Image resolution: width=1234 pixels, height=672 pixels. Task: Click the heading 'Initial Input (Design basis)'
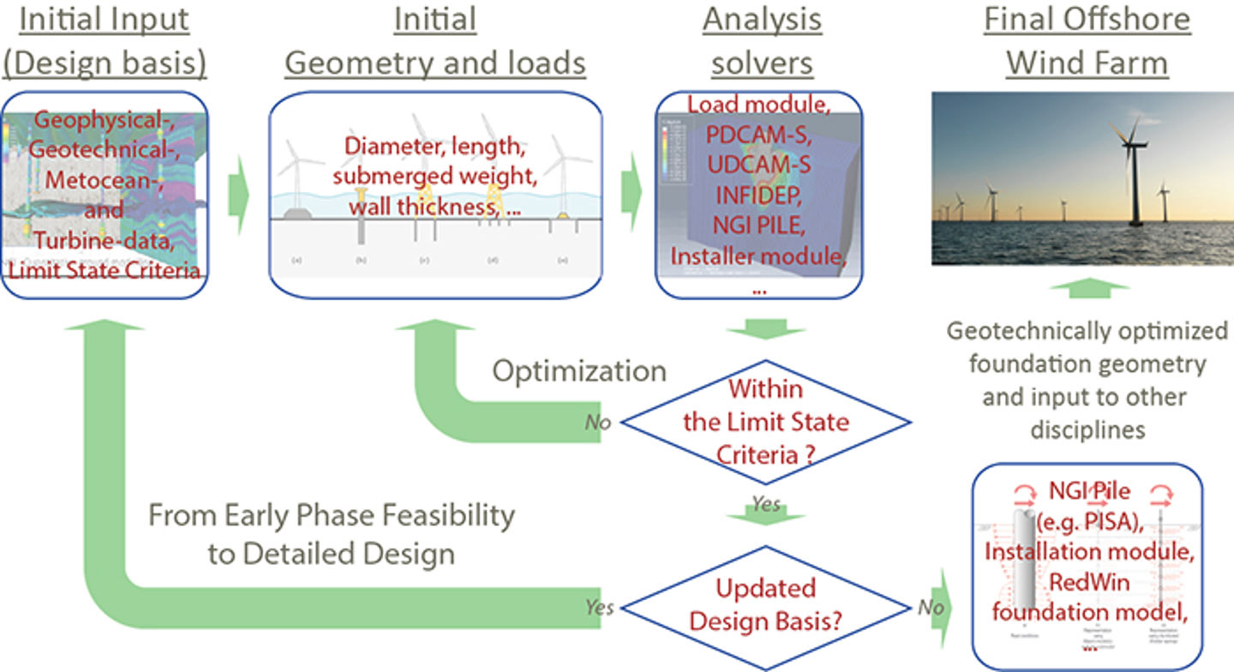(x=105, y=40)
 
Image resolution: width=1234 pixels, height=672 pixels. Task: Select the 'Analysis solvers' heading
(x=762, y=40)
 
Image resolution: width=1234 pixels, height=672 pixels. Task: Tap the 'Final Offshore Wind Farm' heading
(x=1087, y=40)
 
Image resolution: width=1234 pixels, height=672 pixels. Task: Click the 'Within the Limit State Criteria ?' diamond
(x=765, y=422)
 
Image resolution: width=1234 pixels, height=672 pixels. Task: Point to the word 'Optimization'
(x=578, y=371)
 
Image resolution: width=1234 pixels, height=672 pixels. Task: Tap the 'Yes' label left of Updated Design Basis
(x=600, y=607)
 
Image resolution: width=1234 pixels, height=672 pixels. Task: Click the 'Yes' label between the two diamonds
(x=764, y=503)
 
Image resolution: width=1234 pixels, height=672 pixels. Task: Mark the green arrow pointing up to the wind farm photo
(x=1087, y=289)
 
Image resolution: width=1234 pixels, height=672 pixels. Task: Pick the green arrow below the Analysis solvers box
(x=765, y=328)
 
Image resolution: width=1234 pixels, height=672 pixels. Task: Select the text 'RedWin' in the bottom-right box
(x=1087, y=583)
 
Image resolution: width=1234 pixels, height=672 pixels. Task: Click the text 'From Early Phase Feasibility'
(x=331, y=515)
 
